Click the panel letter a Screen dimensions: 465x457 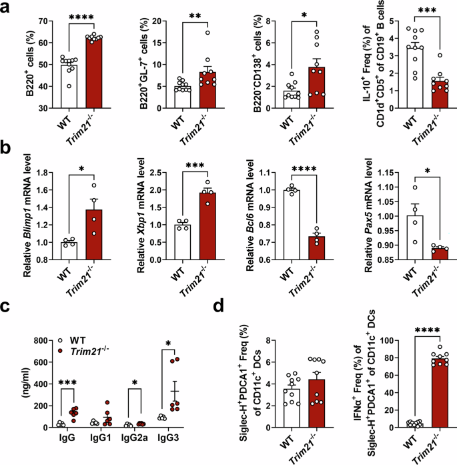coord(7,8)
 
